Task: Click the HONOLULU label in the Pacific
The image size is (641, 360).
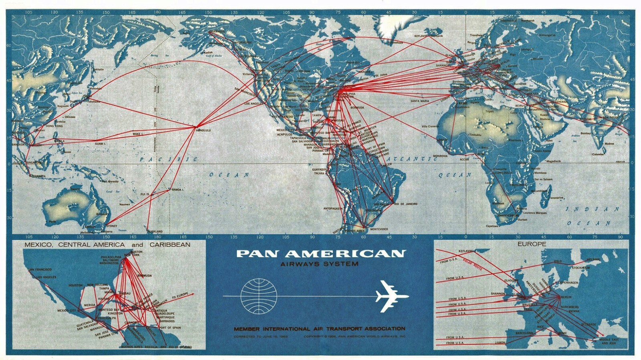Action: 203,131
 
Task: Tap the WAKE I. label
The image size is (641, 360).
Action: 138,133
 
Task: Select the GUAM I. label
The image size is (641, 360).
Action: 100,143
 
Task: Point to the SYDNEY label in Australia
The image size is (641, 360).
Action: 112,226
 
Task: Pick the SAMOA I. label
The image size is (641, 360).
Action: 177,189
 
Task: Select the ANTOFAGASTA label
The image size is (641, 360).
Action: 333,209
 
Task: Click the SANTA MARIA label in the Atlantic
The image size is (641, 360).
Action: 419,101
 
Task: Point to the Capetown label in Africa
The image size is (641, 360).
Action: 492,226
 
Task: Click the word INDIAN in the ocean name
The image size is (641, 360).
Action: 593,209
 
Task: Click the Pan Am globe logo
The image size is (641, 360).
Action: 259,296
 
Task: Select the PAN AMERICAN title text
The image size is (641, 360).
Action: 320,253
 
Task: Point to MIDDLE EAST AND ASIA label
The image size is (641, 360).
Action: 609,341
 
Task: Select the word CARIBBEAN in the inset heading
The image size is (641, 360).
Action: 170,244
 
